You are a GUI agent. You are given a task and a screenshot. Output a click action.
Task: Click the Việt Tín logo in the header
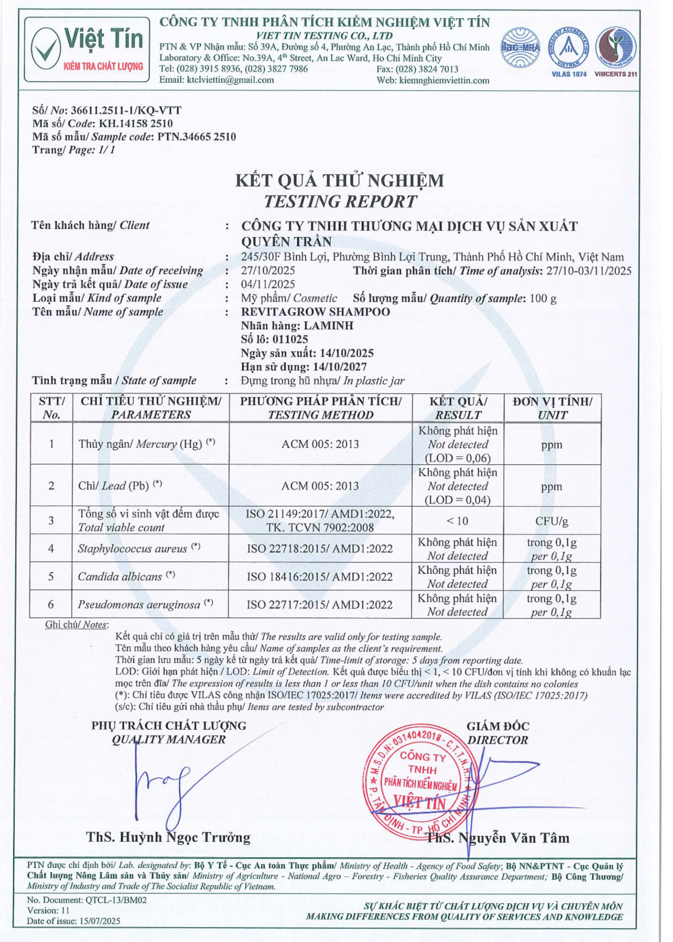click(x=87, y=49)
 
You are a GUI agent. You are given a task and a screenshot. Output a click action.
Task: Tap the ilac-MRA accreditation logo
click(x=520, y=47)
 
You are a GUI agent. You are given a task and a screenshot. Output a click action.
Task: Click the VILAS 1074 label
click(x=568, y=74)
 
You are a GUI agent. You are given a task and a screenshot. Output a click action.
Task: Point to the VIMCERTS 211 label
click(x=615, y=74)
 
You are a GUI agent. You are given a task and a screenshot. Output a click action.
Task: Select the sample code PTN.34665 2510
click(x=196, y=137)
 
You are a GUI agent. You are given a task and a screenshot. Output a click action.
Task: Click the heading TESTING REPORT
click(x=340, y=201)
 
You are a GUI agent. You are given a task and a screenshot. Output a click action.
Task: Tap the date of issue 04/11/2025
click(x=268, y=284)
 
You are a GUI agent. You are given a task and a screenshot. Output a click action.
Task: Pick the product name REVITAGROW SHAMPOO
click(x=315, y=312)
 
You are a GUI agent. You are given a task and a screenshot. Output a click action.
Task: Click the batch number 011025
click(x=290, y=339)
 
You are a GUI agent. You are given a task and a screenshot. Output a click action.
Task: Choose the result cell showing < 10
click(x=457, y=520)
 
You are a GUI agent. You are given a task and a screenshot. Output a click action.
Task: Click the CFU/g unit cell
click(x=551, y=520)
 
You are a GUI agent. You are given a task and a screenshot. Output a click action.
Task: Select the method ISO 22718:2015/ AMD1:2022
click(x=320, y=549)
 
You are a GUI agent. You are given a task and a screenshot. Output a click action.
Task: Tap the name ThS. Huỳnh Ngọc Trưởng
click(x=168, y=836)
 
